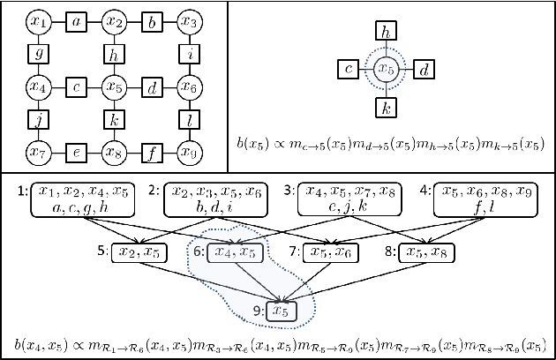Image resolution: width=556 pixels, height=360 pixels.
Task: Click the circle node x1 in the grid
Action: [37, 20]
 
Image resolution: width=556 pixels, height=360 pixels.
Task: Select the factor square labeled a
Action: [76, 20]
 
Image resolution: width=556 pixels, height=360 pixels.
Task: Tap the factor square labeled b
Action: [151, 20]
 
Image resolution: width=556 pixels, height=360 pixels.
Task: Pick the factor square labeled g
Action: [37, 54]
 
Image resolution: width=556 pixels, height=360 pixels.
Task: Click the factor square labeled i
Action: [188, 54]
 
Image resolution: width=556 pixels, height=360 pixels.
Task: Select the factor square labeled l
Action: [188, 120]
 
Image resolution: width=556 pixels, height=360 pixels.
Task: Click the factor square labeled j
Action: [37, 120]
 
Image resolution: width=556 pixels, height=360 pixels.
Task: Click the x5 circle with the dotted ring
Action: [384, 69]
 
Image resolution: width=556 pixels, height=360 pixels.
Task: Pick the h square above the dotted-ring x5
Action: [384, 32]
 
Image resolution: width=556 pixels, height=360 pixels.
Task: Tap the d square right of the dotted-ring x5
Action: [423, 69]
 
